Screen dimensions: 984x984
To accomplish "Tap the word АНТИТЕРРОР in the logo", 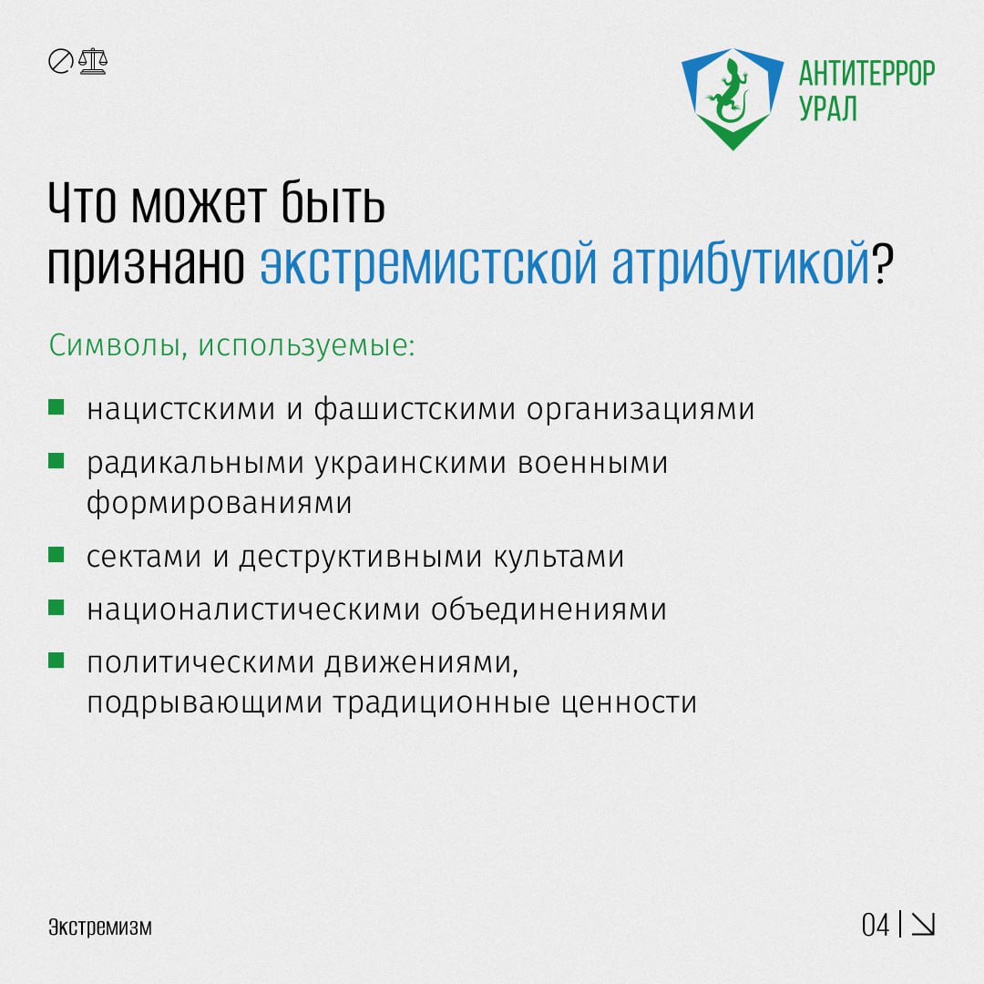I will (866, 73).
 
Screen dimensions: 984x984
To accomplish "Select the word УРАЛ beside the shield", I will (828, 108).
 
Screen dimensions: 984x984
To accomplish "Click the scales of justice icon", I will (92, 62).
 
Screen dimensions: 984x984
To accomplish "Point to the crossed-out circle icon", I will (60, 62).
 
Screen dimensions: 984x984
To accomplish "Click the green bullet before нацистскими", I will (56, 406).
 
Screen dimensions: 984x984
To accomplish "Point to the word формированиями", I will (220, 503).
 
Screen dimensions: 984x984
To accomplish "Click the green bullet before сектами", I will (56, 553).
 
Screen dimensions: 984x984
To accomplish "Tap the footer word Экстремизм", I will (100, 928).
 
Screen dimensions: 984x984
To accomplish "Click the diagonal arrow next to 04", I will (924, 925).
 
